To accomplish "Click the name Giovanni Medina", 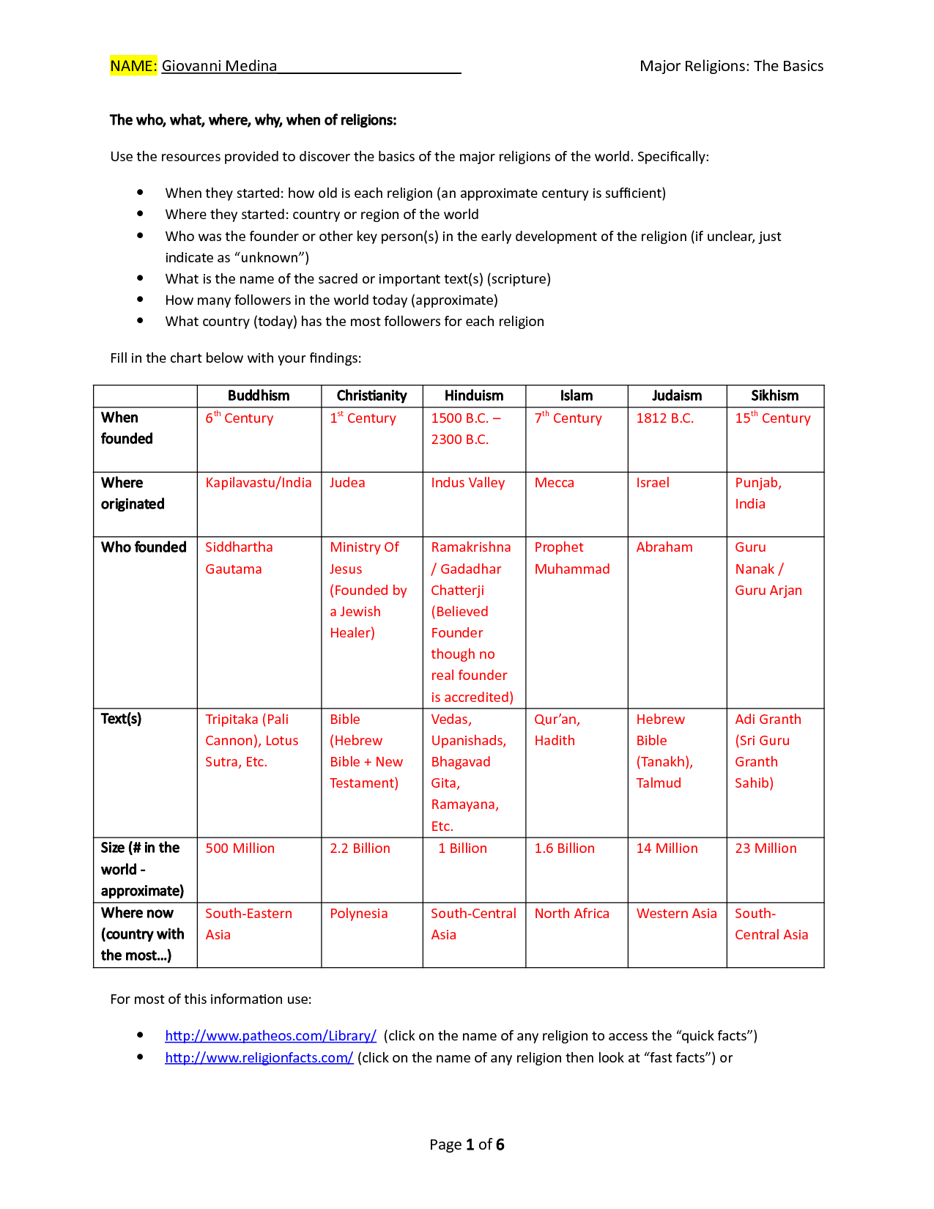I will point(219,66).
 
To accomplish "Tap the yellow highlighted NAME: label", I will point(133,66).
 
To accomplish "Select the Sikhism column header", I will point(774,396).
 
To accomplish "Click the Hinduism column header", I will point(473,396).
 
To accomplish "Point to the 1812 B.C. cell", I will point(664,418).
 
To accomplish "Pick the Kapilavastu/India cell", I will point(258,483).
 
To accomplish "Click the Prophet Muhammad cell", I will point(571,558).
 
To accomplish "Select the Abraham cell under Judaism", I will point(664,547).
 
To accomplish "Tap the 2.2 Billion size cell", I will point(360,848).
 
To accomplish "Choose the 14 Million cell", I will point(667,848).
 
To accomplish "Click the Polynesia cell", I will point(358,914).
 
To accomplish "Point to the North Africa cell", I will point(571,914).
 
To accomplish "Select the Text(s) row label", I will point(121,719).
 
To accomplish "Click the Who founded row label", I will point(144,547).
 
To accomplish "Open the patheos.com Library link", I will point(270,1036).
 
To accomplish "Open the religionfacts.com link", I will point(259,1058).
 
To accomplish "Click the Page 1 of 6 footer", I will point(467,1145).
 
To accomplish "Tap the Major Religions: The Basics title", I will point(731,66).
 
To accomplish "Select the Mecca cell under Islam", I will point(554,483).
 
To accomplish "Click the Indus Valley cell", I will point(467,483).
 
